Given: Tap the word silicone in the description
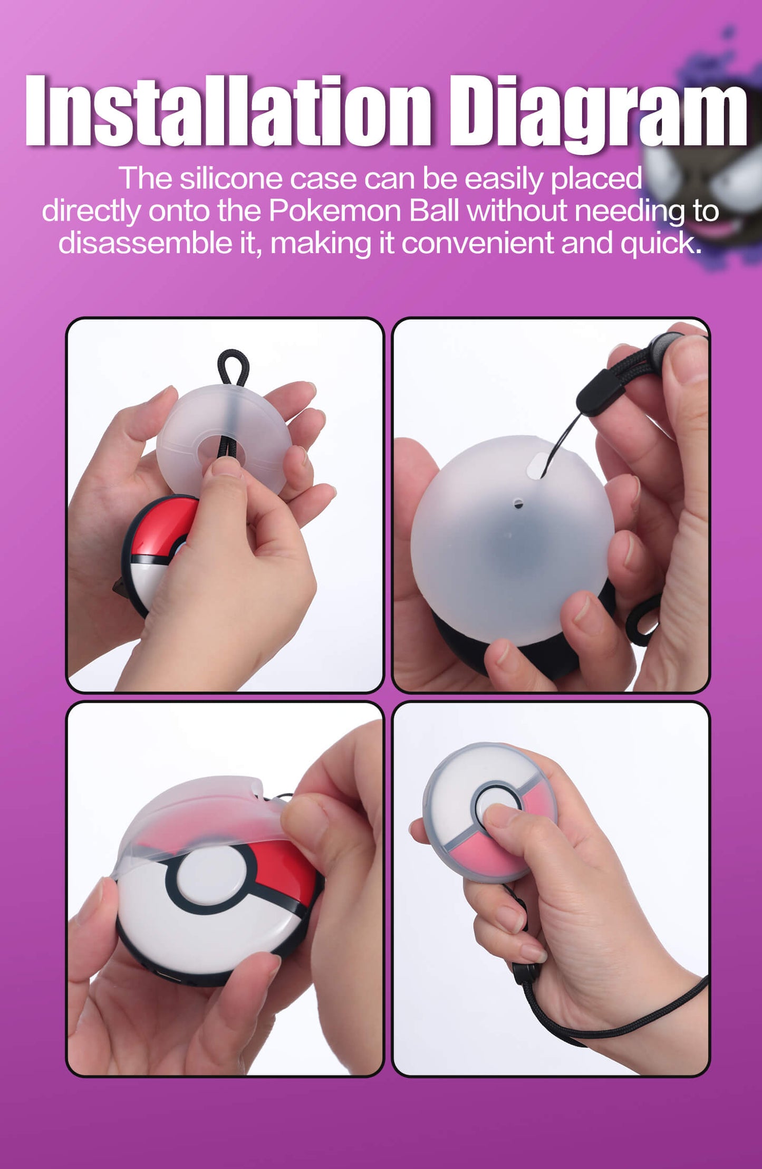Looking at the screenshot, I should click(233, 179).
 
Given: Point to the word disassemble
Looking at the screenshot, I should click(145, 243).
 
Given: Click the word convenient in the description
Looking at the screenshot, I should click(477, 243).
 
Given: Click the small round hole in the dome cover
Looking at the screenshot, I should click(518, 503).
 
